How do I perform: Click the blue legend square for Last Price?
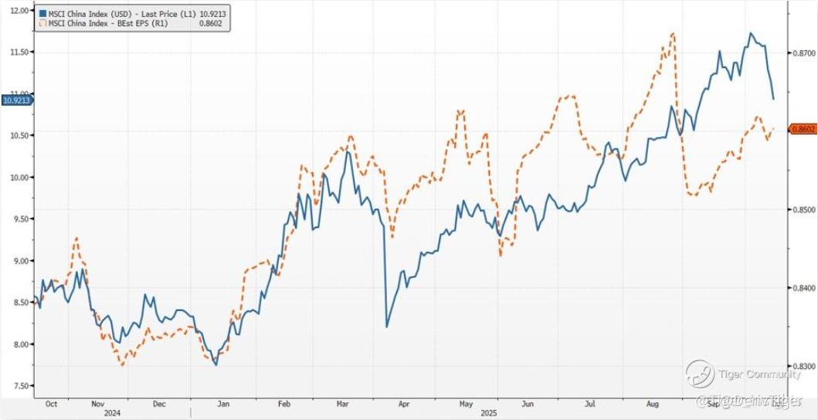(x=42, y=15)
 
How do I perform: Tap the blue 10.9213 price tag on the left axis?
(x=15, y=100)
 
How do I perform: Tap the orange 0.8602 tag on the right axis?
(x=803, y=128)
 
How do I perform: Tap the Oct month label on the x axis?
(x=52, y=404)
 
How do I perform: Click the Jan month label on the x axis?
(x=222, y=404)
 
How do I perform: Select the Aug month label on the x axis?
(x=652, y=404)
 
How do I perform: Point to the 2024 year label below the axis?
(x=113, y=413)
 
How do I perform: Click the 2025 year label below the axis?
(x=488, y=413)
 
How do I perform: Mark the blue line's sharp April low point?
(x=386, y=327)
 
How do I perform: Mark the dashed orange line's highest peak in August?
(x=674, y=33)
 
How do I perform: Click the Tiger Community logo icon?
(x=700, y=374)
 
